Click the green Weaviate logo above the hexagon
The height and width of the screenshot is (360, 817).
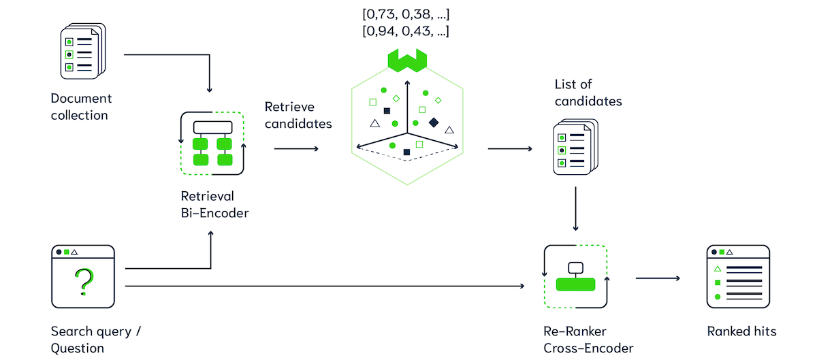pos(406,59)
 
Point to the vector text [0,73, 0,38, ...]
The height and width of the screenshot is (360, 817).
pos(406,14)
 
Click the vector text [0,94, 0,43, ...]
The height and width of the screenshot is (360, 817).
pos(406,31)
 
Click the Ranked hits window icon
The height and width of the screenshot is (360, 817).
pos(738,277)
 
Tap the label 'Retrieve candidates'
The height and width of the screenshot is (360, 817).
pos(298,115)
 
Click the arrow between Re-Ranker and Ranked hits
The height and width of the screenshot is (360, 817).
pos(658,278)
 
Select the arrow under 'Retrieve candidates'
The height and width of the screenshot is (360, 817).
pos(295,148)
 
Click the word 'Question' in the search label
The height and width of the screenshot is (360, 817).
pos(77,348)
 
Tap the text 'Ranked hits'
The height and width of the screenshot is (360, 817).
pos(741,331)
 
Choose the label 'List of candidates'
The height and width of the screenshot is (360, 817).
pos(588,93)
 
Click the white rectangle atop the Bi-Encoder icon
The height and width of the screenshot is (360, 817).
pos(212,127)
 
